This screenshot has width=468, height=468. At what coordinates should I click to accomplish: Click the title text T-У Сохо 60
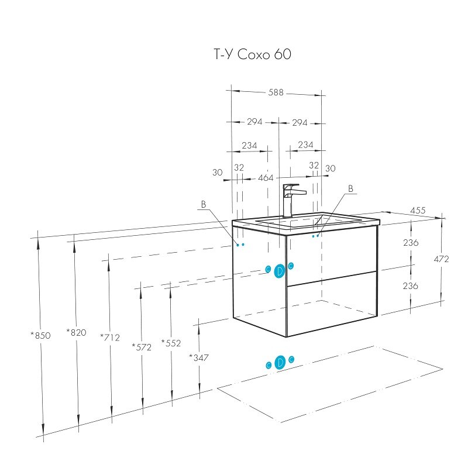[x=250, y=55]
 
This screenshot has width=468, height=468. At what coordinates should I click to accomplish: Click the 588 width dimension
[x=276, y=92]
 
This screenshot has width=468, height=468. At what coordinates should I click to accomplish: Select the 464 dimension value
[x=266, y=178]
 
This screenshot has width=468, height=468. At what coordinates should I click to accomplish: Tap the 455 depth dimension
[x=418, y=210]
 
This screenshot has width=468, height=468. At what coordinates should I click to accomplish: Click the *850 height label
[x=41, y=336]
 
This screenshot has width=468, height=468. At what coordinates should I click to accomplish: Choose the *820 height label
[x=76, y=333]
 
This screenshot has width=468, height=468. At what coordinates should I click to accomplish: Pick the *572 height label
[x=142, y=347]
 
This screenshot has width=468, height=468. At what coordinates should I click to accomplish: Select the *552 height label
[x=171, y=343]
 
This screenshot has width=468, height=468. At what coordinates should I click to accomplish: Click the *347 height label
[x=199, y=357]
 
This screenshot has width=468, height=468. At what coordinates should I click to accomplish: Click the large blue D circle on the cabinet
[x=280, y=270]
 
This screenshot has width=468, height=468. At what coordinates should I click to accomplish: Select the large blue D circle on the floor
[x=280, y=363]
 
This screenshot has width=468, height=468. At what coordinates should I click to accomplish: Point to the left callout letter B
[x=204, y=205]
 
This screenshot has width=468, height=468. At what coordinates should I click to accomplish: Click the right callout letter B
[x=350, y=189]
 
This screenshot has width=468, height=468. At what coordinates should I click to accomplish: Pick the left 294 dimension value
[x=253, y=122]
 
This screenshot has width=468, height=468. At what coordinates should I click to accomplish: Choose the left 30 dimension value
[x=218, y=173]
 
